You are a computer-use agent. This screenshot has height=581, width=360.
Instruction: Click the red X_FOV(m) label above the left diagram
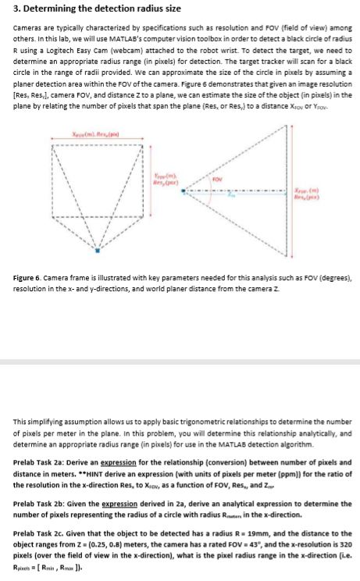coord(97,137)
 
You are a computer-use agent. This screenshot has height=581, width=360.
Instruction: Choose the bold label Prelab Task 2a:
coord(45,462)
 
